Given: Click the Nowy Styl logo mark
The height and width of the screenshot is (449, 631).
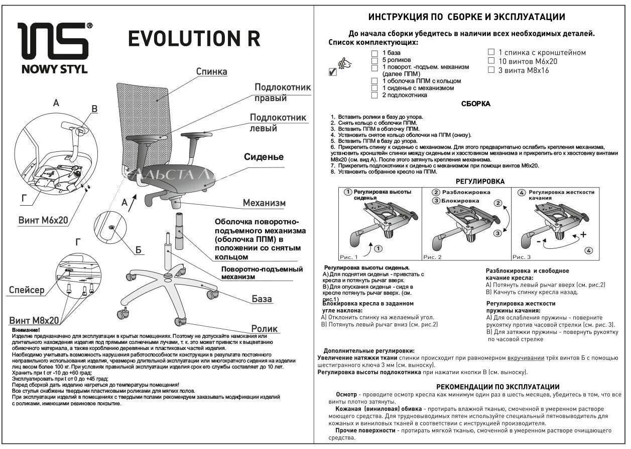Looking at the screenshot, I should [54, 41].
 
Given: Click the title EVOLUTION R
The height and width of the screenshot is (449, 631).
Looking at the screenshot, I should [194, 39].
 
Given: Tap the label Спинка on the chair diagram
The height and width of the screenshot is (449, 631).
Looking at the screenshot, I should [211, 72].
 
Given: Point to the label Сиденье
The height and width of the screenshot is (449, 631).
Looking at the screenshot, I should [264, 157].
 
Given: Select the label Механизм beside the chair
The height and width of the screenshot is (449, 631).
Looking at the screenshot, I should [264, 203].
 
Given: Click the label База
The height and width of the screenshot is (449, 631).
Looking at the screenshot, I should [262, 299].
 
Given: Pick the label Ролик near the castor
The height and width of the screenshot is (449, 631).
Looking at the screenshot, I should [265, 329].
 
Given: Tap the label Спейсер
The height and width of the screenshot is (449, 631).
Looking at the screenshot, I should [27, 290].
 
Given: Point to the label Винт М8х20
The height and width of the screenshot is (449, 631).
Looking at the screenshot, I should [34, 320].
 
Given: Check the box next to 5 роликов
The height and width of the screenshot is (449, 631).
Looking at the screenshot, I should [374, 60].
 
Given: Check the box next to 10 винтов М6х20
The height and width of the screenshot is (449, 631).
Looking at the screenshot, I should [491, 61].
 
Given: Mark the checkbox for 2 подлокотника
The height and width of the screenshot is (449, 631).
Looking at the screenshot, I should [374, 95].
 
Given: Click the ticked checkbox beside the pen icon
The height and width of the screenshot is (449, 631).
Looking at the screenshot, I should [332, 72].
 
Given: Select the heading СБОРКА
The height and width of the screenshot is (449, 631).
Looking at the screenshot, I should [475, 104].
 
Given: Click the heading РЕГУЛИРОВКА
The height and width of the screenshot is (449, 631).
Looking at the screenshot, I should [480, 182].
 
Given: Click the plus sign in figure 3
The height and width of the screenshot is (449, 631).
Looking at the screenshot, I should [583, 235].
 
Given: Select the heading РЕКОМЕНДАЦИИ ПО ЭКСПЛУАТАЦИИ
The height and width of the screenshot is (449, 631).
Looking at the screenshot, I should [497, 387].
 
